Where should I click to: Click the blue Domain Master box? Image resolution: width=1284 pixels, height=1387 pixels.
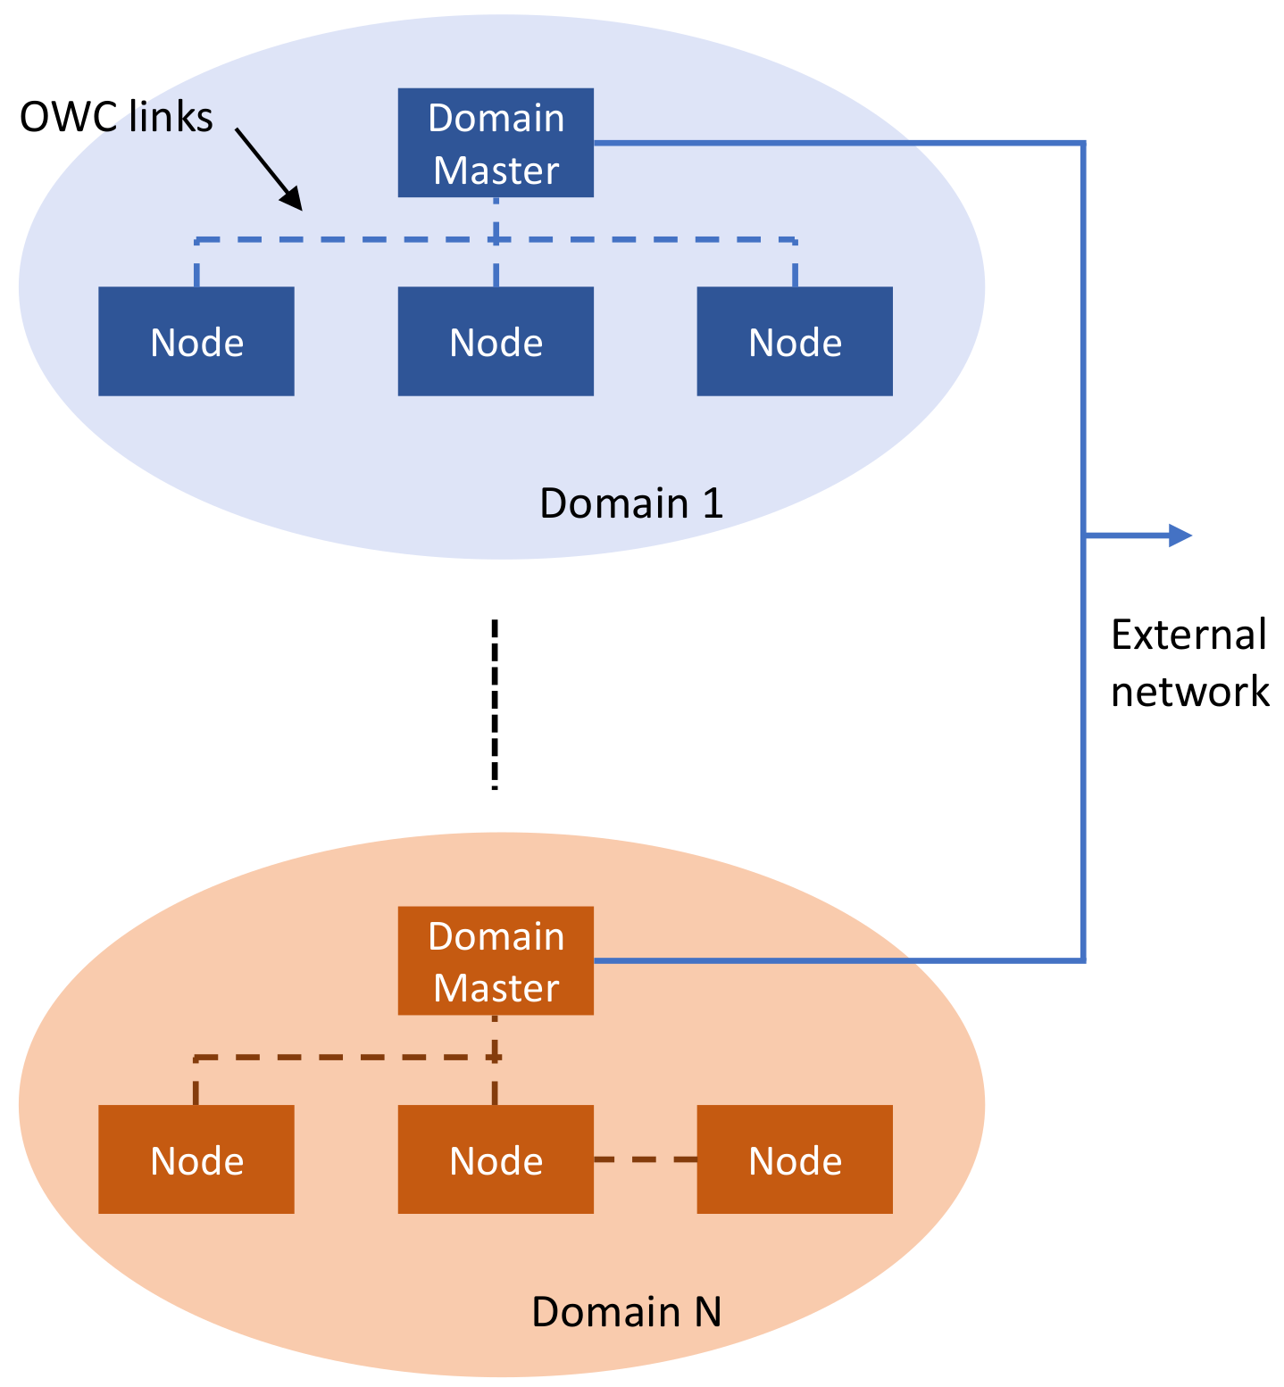pos(496,143)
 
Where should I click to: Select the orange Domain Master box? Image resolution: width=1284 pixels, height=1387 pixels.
pos(496,960)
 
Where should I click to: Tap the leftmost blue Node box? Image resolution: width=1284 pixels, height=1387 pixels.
pos(196,341)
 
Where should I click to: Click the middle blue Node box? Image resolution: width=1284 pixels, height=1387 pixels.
pos(496,341)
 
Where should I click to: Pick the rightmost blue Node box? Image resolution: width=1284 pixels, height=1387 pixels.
pos(795,341)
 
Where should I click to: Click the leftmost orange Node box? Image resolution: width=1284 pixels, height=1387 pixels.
pos(196,1159)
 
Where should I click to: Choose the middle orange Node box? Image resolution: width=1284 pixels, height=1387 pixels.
pos(496,1159)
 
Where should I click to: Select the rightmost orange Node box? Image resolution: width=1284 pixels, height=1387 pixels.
pos(795,1159)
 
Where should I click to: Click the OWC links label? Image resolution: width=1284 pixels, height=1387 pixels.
pos(116,118)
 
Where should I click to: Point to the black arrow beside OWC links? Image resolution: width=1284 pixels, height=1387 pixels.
pos(268,169)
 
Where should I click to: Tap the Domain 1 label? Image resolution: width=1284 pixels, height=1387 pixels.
pos(630,504)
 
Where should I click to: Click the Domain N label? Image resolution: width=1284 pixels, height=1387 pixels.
pos(626,1312)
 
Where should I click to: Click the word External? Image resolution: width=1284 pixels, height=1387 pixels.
pos(1188,635)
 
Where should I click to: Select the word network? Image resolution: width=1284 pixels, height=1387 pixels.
pos(1189,692)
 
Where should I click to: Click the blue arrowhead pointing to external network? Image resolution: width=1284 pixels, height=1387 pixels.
pos(1180,536)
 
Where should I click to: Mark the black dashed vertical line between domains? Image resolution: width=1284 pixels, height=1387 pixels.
pos(495,705)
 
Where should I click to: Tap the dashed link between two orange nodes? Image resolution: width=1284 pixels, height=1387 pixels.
pos(645,1159)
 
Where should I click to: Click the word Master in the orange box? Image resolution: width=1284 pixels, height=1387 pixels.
pos(496,988)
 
